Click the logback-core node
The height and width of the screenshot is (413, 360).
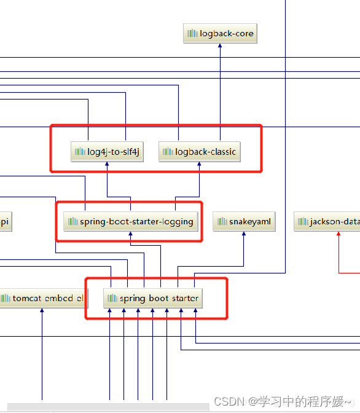[x=220, y=34]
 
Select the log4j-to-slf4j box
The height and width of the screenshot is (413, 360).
[x=108, y=152]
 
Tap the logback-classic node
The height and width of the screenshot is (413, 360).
[x=199, y=152]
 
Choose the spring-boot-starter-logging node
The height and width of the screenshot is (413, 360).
[x=131, y=221]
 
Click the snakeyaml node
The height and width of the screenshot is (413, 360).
[x=244, y=221]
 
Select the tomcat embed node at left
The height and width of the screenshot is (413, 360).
[x=43, y=299]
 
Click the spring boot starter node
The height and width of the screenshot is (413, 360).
[x=152, y=299]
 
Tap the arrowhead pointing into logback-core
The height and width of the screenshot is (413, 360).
[x=220, y=47]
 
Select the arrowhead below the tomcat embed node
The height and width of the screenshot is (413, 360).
[x=42, y=312]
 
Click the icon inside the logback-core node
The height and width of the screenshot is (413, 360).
[x=192, y=34]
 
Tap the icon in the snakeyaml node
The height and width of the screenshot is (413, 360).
[x=222, y=221]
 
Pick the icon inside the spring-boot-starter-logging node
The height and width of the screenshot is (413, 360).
[x=72, y=221]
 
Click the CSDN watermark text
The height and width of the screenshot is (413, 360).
[x=285, y=401]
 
